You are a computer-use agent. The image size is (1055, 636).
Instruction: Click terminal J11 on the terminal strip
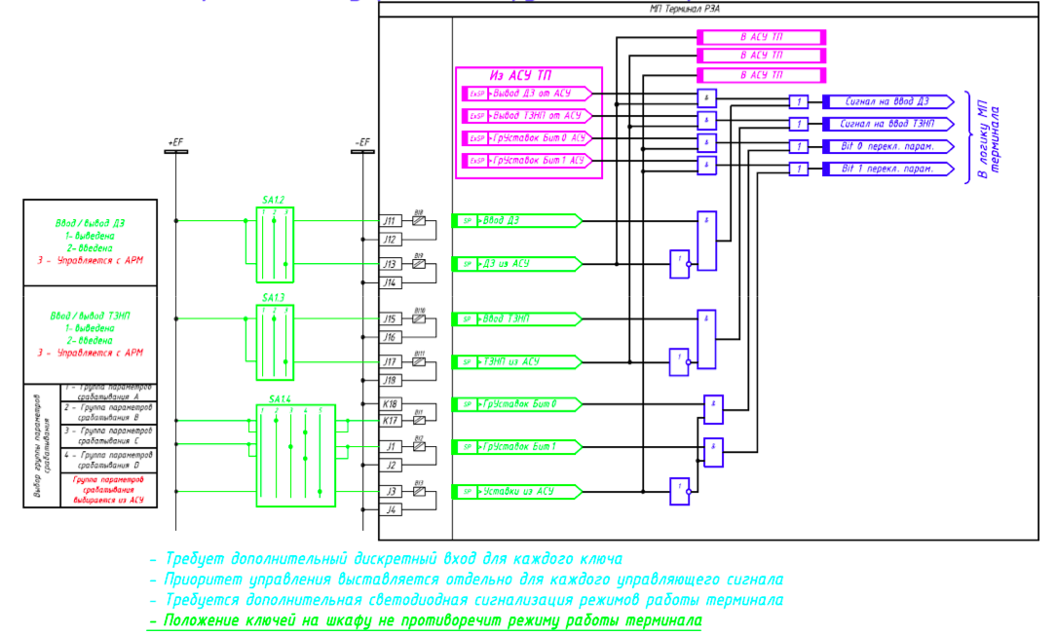[391, 221]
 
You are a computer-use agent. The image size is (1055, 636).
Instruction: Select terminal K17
[391, 420]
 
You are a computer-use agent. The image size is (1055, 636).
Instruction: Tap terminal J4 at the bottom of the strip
[391, 509]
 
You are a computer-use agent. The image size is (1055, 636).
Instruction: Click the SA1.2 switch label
[273, 200]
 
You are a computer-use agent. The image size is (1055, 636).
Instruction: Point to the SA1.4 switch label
[281, 399]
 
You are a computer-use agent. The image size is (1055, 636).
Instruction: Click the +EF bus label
[175, 142]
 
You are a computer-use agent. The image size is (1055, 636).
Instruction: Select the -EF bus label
[361, 142]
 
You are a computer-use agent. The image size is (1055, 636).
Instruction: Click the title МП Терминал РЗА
[684, 9]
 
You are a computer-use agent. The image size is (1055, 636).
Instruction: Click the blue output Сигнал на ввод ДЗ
[886, 101]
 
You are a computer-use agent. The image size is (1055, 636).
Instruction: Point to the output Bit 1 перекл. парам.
[886, 169]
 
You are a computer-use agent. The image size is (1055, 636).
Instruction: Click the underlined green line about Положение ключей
[424, 620]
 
